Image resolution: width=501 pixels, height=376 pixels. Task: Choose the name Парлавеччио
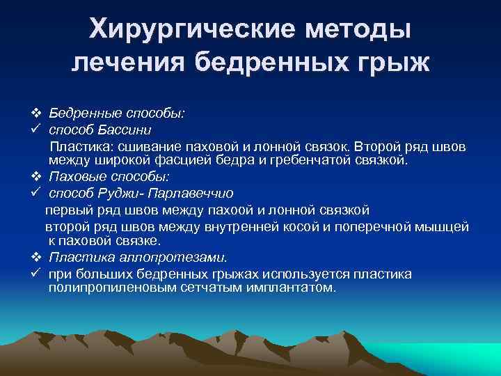(194, 193)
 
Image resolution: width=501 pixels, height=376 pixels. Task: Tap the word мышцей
(446, 226)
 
